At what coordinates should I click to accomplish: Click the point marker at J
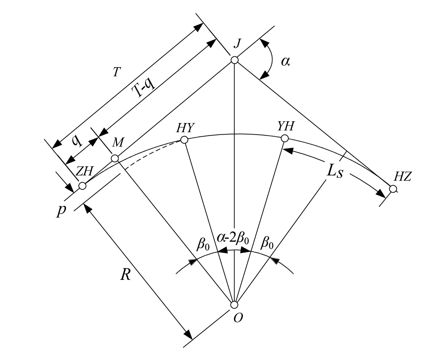coord(235,60)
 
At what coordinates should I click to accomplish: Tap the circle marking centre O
coord(234,304)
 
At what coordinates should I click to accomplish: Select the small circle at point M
coord(115,159)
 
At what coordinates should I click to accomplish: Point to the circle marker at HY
coord(184,140)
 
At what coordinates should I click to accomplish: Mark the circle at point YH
coord(285,139)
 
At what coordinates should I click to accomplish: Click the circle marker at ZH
coord(82,186)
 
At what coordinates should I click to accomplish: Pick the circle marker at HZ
coord(393,189)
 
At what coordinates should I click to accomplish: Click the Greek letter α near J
coord(285,62)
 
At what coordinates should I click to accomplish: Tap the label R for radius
coord(125,275)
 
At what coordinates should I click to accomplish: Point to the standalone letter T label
coord(117,72)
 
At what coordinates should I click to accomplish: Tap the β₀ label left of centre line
coord(203,243)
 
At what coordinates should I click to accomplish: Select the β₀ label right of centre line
coord(266,243)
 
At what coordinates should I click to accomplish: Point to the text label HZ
coord(402,177)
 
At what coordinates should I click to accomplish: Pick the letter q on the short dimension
coord(77,141)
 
